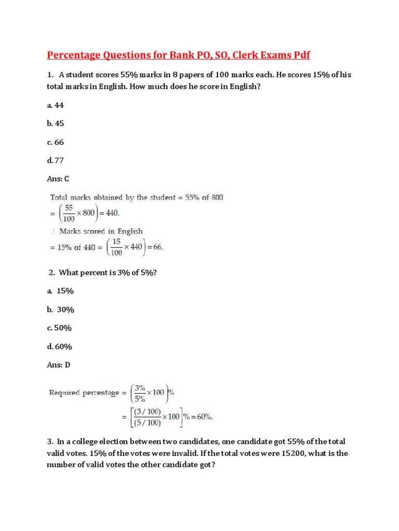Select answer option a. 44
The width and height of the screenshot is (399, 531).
56,105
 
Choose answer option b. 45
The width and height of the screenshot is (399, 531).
56,123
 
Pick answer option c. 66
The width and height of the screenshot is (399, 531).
56,142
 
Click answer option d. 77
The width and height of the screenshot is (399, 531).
56,160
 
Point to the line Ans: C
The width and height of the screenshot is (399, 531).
58,179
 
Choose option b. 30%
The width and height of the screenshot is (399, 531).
61,310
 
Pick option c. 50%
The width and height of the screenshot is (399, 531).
59,328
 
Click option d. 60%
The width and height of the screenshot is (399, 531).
59,346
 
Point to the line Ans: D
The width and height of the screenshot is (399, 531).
58,365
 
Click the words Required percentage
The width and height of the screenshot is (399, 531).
84,393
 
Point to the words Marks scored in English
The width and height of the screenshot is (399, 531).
101,231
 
